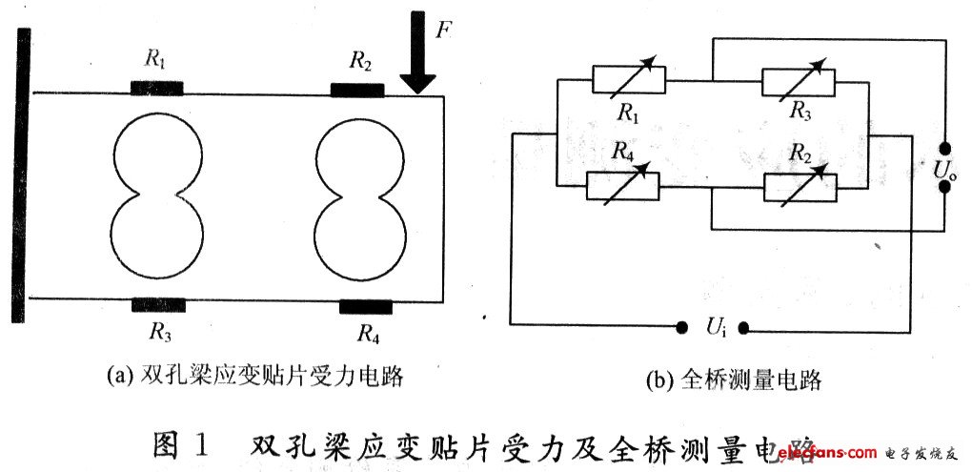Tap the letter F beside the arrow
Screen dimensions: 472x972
point(443,30)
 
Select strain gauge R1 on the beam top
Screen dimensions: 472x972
point(156,90)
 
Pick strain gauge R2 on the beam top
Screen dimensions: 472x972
point(357,91)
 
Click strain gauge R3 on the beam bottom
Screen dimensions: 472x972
point(158,305)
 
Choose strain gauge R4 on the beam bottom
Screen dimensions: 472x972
point(366,306)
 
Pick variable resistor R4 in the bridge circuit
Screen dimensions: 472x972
point(622,186)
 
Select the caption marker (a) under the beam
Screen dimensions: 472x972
point(119,378)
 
